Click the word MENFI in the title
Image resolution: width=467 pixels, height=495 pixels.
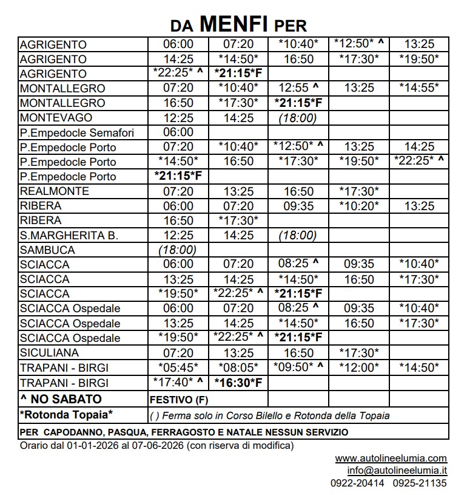point(233,24)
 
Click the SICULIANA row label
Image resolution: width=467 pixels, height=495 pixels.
point(50,353)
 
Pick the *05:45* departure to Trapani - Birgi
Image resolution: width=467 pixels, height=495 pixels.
point(178,367)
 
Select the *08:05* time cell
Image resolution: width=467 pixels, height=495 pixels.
point(238,367)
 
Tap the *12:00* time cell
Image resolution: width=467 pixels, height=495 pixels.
point(359,367)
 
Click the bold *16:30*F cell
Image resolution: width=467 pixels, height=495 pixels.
point(238,383)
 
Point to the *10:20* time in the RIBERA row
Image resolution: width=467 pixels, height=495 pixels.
point(359,206)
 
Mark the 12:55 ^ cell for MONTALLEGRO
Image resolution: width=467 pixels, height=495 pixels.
point(298,88)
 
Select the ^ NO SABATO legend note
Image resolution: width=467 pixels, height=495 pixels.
point(61,399)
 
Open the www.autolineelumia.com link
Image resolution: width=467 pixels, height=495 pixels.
point(391,458)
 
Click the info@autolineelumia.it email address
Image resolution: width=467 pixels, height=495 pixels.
point(397,470)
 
